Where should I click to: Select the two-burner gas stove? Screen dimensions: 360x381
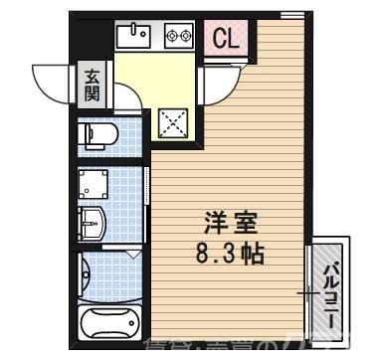[178, 36]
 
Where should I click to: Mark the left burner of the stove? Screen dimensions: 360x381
[170, 36]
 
